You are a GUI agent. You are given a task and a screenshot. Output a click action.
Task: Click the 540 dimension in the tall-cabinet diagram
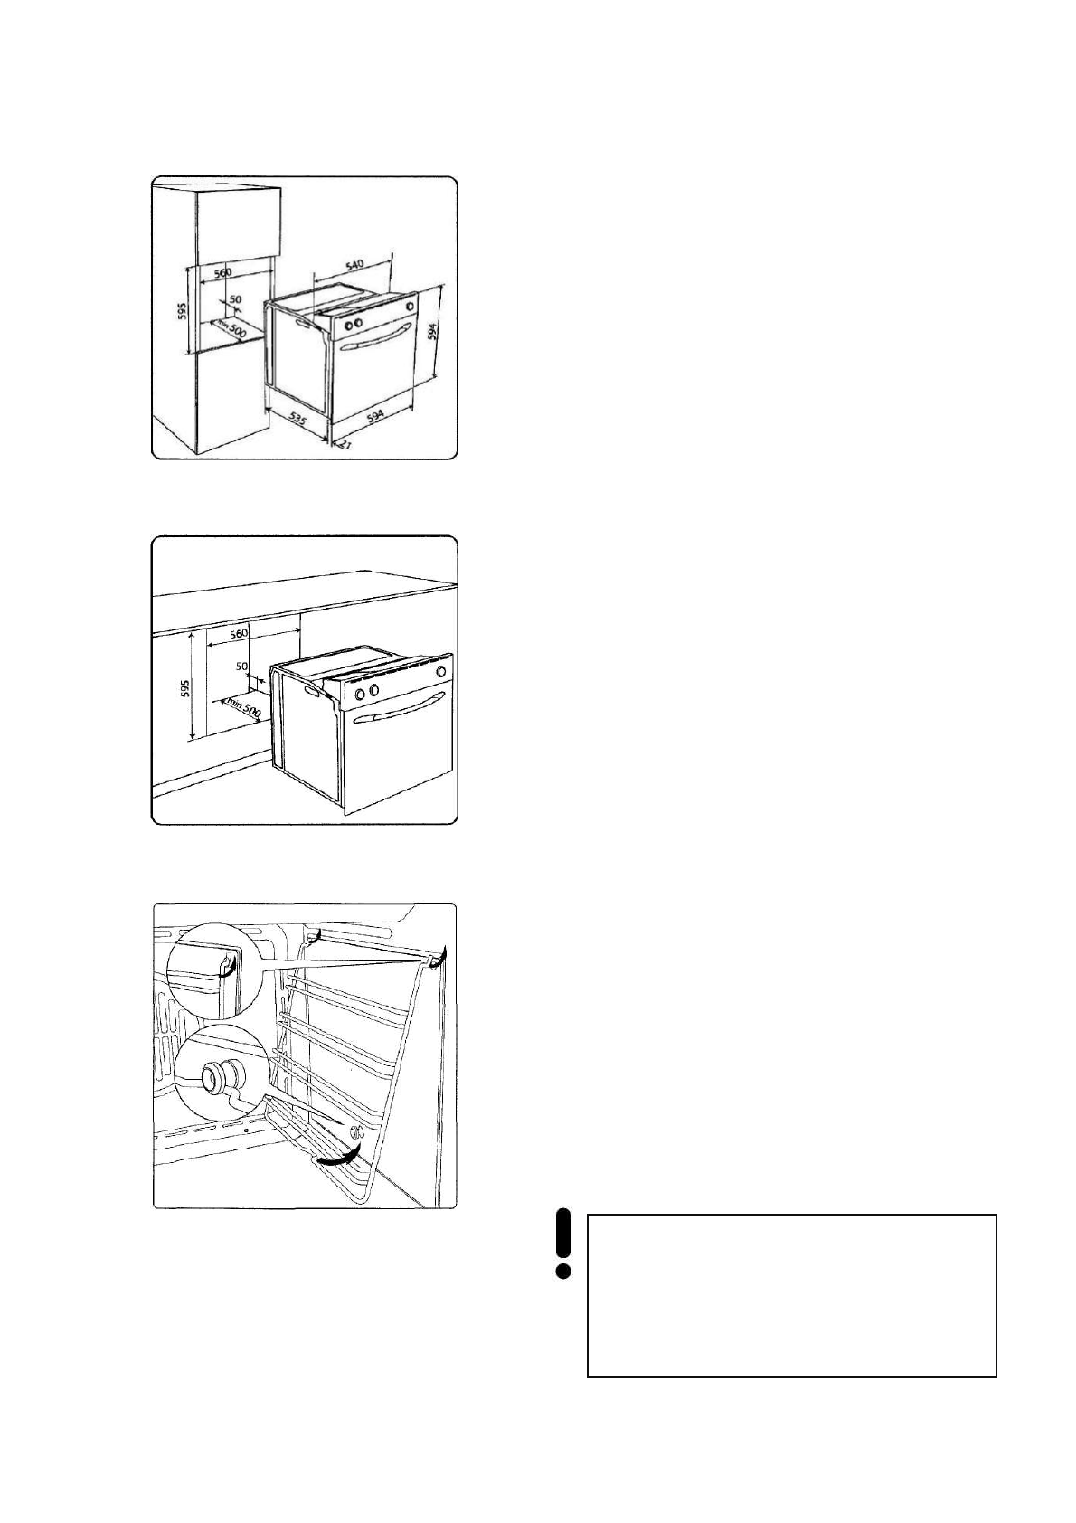(354, 265)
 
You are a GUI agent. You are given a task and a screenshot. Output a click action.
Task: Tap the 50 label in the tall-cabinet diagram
(234, 299)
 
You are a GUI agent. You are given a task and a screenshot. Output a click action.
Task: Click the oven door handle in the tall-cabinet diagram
(370, 345)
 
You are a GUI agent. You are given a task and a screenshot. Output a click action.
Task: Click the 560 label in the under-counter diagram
(239, 635)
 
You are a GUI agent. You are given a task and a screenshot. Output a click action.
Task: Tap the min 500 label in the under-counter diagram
(244, 705)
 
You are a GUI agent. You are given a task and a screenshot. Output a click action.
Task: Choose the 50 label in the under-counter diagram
(241, 667)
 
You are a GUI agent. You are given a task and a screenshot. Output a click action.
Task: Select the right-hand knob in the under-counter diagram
(440, 672)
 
